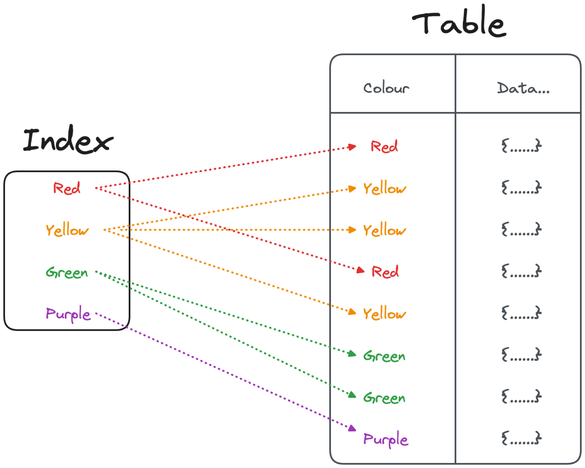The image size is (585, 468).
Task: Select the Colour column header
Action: click(x=386, y=88)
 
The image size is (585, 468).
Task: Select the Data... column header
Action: click(x=523, y=88)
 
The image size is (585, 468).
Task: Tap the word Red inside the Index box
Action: click(x=67, y=188)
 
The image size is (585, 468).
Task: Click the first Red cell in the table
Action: click(x=384, y=146)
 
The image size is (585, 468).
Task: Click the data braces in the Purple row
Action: click(x=521, y=438)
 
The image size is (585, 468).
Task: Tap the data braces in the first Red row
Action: click(x=521, y=146)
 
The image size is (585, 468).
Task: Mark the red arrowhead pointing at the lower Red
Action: click(x=360, y=270)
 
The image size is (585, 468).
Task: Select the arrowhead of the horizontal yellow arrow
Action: click(x=352, y=230)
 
